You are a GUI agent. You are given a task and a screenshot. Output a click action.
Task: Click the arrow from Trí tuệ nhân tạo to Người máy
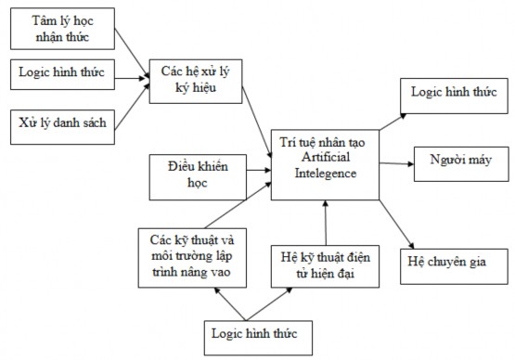tap(393, 162)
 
